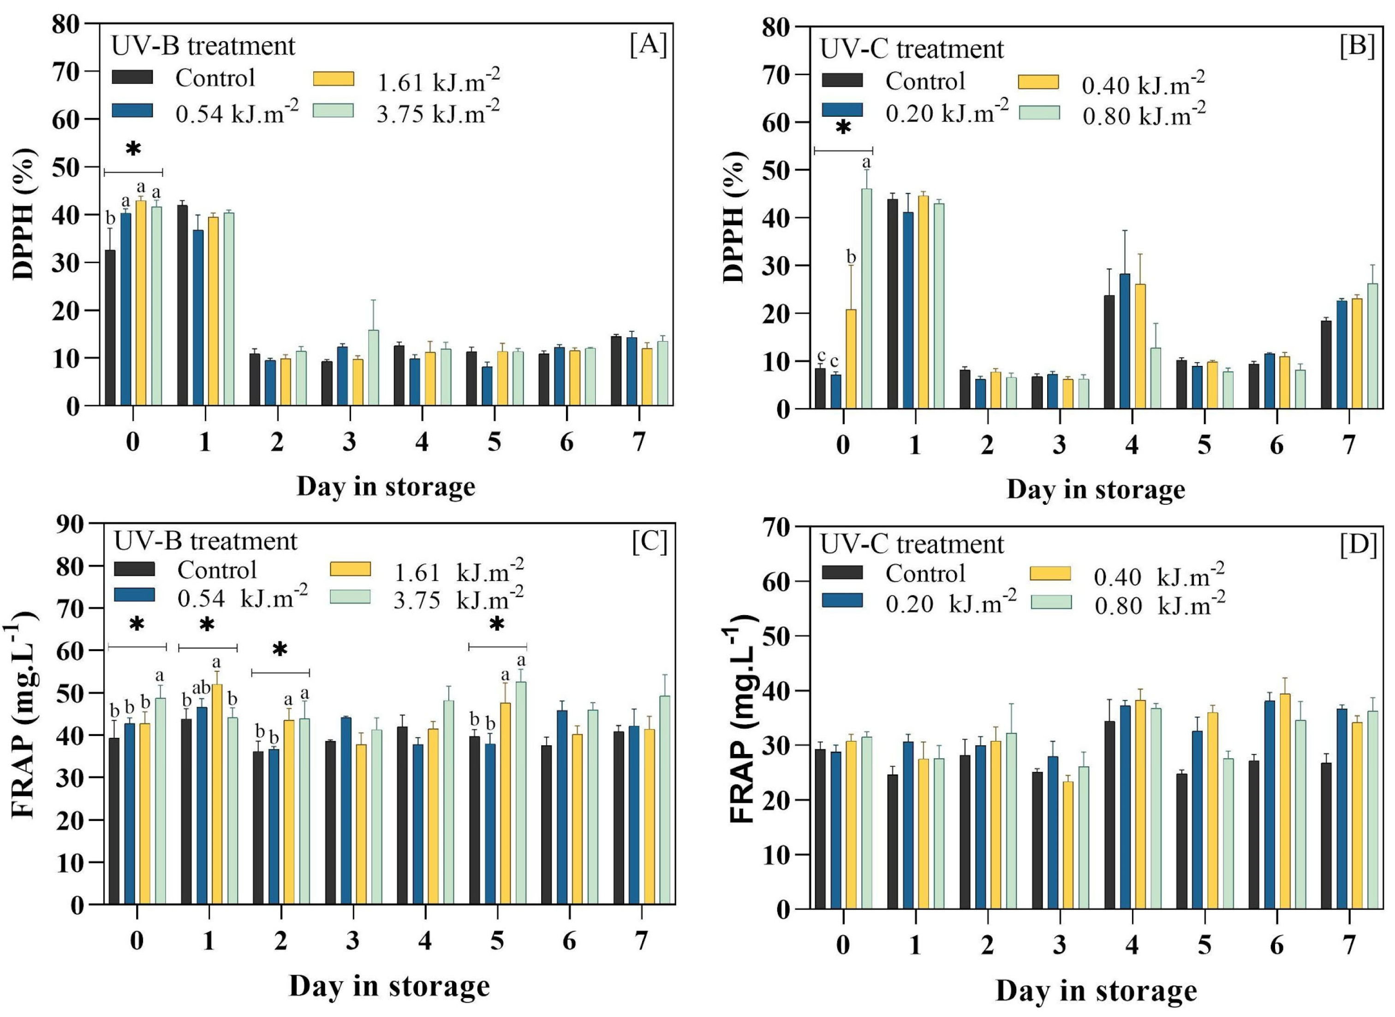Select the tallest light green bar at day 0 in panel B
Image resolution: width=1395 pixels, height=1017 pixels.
(866, 299)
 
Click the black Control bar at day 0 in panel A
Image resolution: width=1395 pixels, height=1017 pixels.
(110, 328)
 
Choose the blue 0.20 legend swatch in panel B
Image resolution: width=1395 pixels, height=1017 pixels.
(842, 109)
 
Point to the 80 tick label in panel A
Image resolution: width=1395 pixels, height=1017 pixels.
(66, 24)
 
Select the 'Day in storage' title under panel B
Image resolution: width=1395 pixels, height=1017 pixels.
(1096, 490)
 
